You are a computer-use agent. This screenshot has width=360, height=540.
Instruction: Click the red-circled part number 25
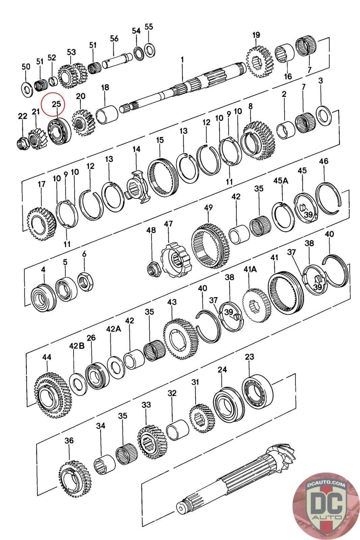(x=56, y=104)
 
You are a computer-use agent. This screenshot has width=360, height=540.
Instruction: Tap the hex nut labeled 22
(x=22, y=143)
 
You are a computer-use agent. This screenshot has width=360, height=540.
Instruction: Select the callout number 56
(x=114, y=38)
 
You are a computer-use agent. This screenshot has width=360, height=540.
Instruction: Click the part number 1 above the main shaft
(x=182, y=60)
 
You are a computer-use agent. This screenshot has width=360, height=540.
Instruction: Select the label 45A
(x=281, y=181)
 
